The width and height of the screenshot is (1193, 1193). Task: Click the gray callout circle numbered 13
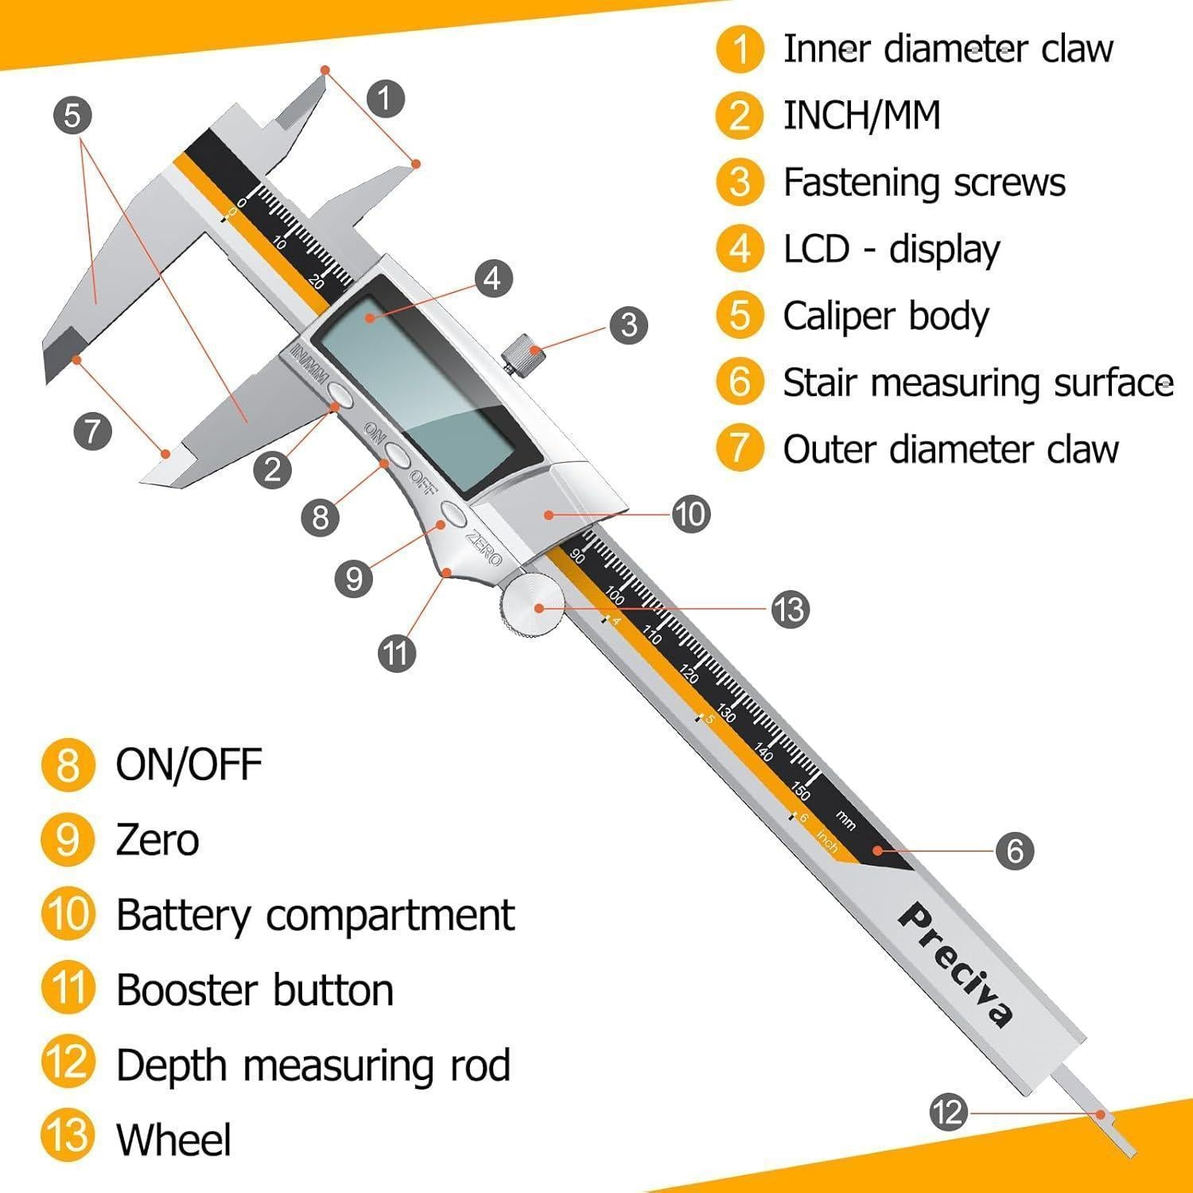[791, 610]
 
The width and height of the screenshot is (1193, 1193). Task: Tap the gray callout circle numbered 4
[493, 278]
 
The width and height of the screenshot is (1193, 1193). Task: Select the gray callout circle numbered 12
[948, 1112]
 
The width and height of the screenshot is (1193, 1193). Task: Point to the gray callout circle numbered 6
[1015, 851]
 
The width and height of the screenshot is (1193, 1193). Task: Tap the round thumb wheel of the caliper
[532, 607]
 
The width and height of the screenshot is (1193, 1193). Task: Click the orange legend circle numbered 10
[68, 914]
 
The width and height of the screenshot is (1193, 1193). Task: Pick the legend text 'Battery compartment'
[316, 915]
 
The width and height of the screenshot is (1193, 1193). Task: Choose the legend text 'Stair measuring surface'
[978, 383]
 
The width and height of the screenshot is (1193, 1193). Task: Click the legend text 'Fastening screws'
[924, 182]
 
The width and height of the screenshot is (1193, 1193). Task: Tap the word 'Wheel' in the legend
[173, 1139]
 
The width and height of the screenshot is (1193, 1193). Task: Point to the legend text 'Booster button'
[255, 990]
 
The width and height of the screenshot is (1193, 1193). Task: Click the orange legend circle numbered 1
[740, 49]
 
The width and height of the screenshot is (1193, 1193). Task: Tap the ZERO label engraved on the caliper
[484, 547]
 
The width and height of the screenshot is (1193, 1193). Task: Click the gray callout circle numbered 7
[92, 431]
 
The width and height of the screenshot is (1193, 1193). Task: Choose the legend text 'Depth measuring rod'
[313, 1066]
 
